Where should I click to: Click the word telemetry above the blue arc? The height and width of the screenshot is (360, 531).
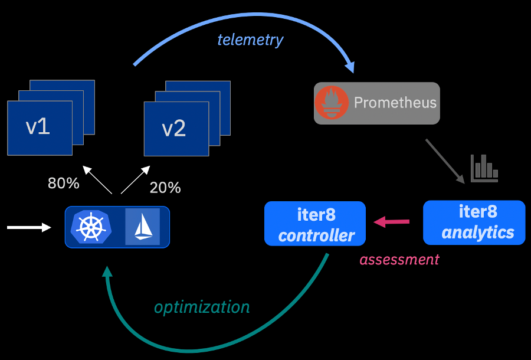point(250,40)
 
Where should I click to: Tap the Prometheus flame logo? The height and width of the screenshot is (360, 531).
point(332,103)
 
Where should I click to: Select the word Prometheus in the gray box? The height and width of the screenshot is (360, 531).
point(395,103)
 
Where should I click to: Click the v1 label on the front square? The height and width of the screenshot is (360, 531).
point(38,127)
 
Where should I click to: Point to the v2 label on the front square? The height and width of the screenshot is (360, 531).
point(174,128)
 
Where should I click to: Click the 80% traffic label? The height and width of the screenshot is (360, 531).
point(64,184)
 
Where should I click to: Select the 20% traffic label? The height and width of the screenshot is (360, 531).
point(165,188)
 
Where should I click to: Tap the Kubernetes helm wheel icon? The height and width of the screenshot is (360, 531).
point(91,227)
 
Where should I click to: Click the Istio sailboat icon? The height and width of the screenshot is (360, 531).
point(142,227)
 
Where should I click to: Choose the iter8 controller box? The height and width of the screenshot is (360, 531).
point(315,224)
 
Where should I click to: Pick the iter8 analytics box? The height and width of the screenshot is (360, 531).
point(474,222)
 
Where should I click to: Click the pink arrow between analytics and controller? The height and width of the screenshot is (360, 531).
point(392,222)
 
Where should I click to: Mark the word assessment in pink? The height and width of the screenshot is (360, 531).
point(399,259)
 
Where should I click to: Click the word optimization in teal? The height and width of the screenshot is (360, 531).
point(202,307)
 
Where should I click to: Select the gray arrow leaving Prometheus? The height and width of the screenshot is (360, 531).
point(445,161)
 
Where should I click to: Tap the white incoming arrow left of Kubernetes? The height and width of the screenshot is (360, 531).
point(29,227)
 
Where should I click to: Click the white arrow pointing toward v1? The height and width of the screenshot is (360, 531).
point(97,180)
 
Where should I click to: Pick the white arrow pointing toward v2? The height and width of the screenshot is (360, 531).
point(135,180)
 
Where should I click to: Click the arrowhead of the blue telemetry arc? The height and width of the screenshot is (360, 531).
point(350,66)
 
